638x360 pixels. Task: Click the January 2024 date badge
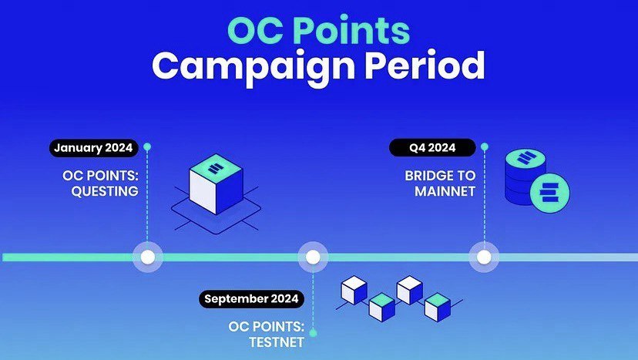click(x=93, y=148)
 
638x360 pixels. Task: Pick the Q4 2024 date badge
click(x=432, y=147)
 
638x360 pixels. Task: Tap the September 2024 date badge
click(x=251, y=299)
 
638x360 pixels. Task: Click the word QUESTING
click(x=105, y=191)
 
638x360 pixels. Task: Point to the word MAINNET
click(x=445, y=191)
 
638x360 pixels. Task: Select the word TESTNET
click(x=277, y=342)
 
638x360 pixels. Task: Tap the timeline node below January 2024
click(x=148, y=257)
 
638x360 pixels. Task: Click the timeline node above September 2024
click(x=313, y=257)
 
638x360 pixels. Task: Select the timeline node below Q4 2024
click(x=484, y=257)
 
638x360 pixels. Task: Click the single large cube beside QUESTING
click(x=216, y=183)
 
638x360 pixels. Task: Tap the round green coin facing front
click(x=550, y=193)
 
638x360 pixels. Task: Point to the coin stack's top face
click(x=526, y=157)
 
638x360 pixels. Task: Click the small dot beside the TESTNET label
click(x=313, y=333)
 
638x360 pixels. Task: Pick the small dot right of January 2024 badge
click(x=147, y=146)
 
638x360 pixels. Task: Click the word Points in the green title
click(x=351, y=31)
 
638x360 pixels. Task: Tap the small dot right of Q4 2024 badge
click(x=484, y=146)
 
